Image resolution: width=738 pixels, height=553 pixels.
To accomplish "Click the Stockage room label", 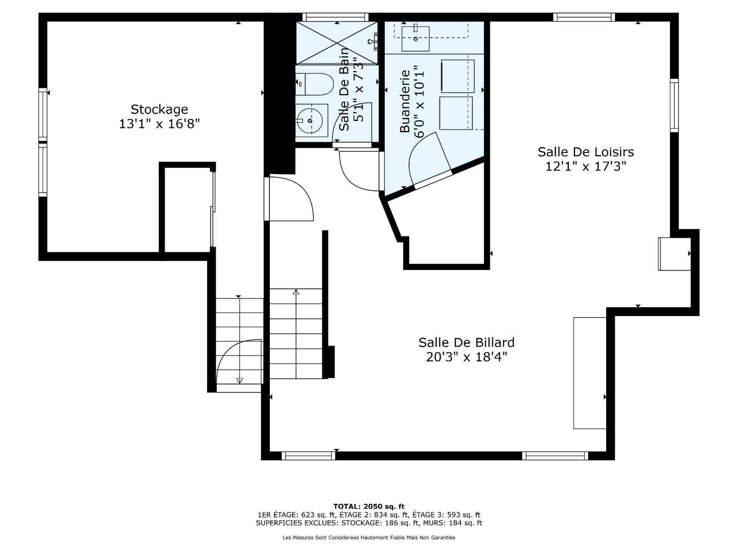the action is coord(159,110).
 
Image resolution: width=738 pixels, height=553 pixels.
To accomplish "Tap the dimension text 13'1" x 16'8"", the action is coord(160,124).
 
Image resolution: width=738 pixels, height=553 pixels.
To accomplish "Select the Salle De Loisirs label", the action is coord(585,152).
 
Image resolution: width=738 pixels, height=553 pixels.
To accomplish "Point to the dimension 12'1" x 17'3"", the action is coord(586,166).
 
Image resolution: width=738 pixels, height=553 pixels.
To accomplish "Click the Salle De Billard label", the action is coord(466,342).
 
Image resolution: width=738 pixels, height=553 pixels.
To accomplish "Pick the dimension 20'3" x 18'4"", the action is coord(466,357).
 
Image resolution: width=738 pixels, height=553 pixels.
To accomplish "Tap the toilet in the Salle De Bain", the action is coord(315,84).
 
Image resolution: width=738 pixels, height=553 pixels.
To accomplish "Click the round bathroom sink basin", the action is coord(309,120).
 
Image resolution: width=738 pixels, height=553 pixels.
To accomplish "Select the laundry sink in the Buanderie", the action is coord(416,39).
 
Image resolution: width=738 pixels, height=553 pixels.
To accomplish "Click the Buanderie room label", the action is coord(405,101).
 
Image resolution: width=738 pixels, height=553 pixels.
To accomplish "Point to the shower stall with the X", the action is coord(337,43).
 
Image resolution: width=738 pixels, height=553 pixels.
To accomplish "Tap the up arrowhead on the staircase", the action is coord(296,292).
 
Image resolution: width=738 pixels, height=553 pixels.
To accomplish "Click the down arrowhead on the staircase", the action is coord(239,381).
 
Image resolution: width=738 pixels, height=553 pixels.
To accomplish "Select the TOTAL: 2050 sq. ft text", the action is coord(369,506).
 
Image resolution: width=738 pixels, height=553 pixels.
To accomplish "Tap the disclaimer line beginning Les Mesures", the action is coord(369,537).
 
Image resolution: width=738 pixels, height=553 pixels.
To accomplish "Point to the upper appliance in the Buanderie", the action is coord(458,76).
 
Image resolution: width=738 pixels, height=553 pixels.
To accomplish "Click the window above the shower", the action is coord(335,17).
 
